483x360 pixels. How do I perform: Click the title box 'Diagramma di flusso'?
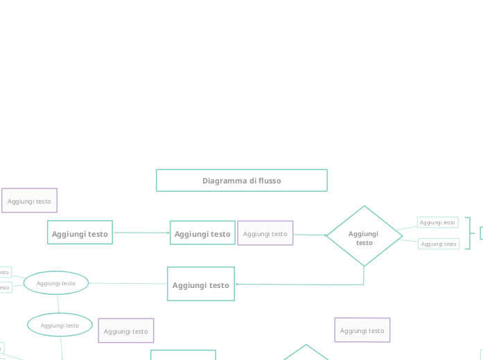(x=241, y=180)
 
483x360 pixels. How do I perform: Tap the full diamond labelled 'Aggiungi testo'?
(x=364, y=236)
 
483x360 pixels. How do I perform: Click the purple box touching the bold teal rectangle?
(x=265, y=233)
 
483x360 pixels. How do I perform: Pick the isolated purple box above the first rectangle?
(x=29, y=201)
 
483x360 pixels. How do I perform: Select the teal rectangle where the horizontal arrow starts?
(x=80, y=233)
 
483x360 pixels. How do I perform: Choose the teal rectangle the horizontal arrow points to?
(x=202, y=233)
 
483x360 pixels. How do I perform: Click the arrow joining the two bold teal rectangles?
(x=141, y=233)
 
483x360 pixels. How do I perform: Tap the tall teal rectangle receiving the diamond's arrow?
(x=200, y=284)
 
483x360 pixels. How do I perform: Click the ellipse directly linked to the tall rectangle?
(x=56, y=282)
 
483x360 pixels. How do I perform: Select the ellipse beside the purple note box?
(x=60, y=325)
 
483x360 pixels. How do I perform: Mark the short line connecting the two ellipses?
(x=58, y=304)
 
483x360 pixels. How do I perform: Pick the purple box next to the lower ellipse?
(x=126, y=331)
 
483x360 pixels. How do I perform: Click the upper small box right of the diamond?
(x=437, y=222)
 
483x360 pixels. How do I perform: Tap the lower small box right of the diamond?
(x=439, y=244)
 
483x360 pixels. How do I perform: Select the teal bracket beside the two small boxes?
(x=469, y=233)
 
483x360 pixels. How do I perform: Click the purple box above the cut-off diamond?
(x=362, y=330)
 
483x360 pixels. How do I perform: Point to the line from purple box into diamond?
(x=309, y=235)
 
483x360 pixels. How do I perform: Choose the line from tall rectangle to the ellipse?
(x=128, y=283)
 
